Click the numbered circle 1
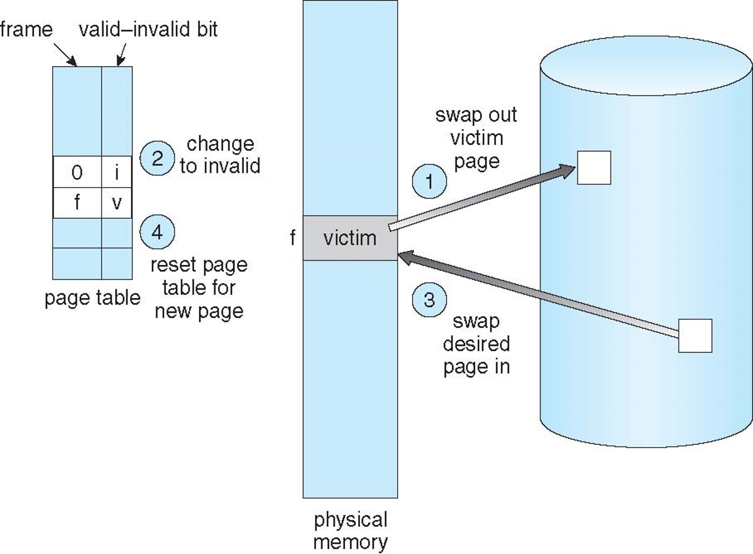(429, 181)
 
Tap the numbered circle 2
(157, 159)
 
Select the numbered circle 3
(429, 299)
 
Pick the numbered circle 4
(157, 232)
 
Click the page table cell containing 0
(77, 172)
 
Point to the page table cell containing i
(116, 172)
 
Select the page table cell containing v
(116, 203)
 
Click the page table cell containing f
(77, 203)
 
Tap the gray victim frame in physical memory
(350, 238)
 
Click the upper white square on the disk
(594, 167)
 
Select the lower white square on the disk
(695, 336)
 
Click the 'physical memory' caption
(350, 530)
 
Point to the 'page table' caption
(92, 298)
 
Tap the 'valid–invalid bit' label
(148, 29)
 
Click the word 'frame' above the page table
(26, 29)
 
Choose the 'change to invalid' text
(220, 155)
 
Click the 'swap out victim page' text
(476, 138)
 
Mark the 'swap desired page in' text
(476, 344)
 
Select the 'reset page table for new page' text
(199, 287)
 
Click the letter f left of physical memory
(293, 238)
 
